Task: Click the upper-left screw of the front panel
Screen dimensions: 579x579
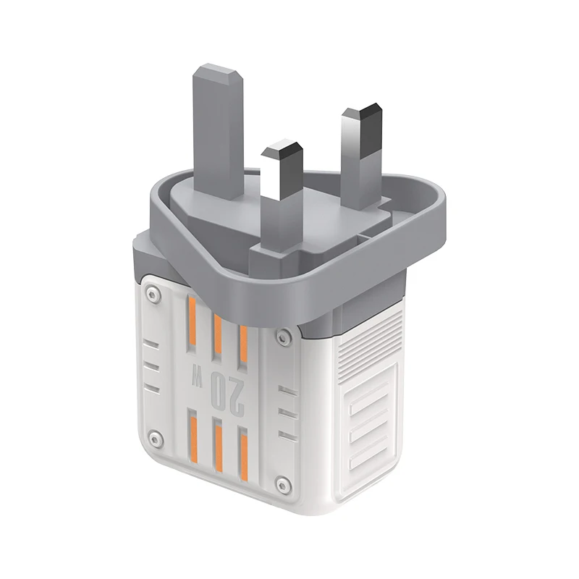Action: click(x=151, y=294)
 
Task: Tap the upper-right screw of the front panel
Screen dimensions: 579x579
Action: click(x=284, y=335)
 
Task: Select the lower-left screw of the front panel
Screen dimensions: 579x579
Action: click(x=153, y=437)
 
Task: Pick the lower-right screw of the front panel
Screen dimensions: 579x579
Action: click(x=284, y=483)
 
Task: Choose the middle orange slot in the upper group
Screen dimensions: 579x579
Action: click(x=217, y=332)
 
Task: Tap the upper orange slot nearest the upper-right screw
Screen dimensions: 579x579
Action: click(x=244, y=340)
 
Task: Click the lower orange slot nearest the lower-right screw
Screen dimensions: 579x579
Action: click(x=243, y=456)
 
